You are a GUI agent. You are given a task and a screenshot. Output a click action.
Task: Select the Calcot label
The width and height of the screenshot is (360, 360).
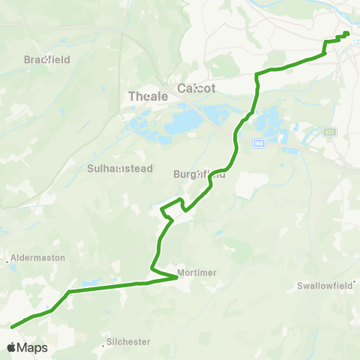(x=196, y=88)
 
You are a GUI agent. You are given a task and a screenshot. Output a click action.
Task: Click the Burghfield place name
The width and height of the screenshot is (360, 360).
(x=199, y=173)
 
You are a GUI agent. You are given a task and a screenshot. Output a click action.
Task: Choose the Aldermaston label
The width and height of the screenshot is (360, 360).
(x=38, y=257)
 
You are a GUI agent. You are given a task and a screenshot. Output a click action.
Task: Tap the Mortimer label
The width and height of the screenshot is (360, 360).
(x=197, y=272)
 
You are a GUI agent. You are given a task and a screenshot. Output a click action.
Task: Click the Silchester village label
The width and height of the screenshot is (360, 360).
(x=129, y=341)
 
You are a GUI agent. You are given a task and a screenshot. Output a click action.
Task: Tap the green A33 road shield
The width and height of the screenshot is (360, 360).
(x=329, y=132)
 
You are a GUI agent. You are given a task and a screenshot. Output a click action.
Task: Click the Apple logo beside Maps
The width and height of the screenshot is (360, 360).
(x=10, y=347)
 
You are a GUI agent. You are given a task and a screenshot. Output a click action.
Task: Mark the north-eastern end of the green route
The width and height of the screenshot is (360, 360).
(x=346, y=33)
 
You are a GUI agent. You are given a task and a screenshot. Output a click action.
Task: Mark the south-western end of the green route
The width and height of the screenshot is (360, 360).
(x=13, y=325)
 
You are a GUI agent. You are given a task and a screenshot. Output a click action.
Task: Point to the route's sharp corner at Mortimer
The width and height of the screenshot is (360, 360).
(x=177, y=278)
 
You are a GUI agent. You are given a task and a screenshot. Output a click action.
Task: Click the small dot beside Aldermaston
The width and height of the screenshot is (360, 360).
(x=8, y=262)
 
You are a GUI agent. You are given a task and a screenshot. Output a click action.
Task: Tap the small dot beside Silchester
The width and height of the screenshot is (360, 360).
(x=103, y=346)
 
